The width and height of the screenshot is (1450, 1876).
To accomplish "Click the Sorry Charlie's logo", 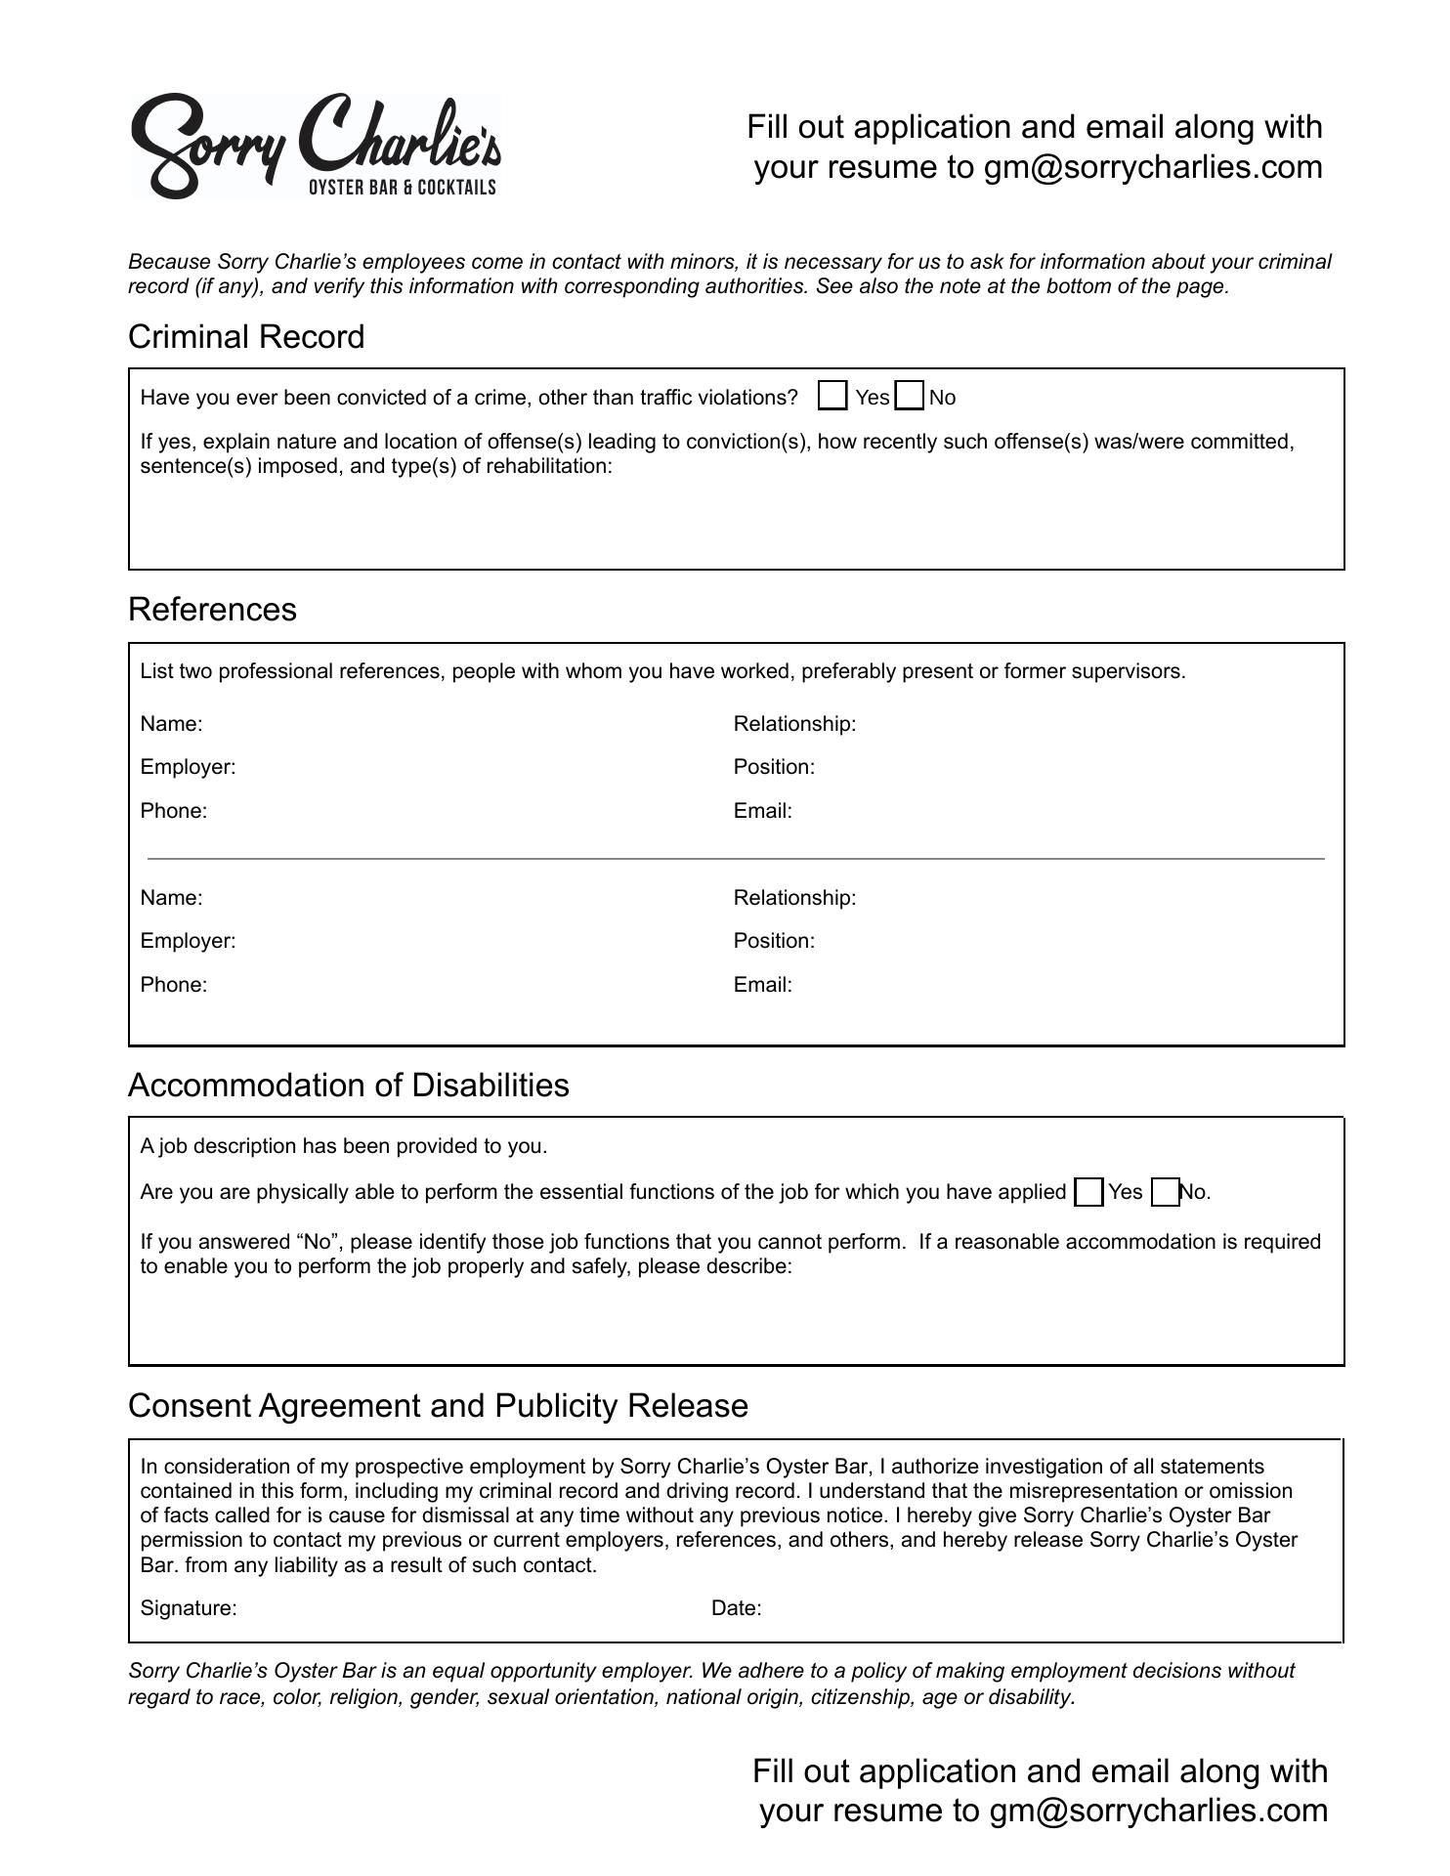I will click(x=316, y=147).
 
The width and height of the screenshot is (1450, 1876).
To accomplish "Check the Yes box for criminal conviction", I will click(x=832, y=396).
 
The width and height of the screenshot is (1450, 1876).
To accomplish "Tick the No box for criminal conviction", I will click(x=909, y=396).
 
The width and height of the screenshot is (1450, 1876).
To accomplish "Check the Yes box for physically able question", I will click(x=1087, y=1192).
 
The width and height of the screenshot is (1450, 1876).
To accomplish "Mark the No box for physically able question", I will click(x=1165, y=1192).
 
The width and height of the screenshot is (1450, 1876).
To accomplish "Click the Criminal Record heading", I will click(x=246, y=337).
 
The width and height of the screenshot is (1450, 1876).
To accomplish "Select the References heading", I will click(x=212, y=610).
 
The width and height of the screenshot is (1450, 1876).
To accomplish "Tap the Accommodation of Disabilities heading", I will click(x=348, y=1086).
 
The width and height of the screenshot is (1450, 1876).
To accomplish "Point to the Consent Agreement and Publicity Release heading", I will click(x=438, y=1406).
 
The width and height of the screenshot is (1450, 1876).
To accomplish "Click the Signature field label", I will click(x=189, y=1608).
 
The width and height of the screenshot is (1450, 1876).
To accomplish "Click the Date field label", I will click(x=736, y=1608).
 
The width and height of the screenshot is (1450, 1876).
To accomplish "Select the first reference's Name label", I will click(x=171, y=724).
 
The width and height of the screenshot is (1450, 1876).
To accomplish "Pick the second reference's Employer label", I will click(x=188, y=941).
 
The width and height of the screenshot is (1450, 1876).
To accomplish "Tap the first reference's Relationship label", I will click(x=794, y=724).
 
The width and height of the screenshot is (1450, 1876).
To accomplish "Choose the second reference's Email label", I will click(x=762, y=985).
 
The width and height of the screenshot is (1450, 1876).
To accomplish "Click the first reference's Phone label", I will click(x=173, y=811).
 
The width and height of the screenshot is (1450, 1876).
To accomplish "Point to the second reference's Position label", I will click(x=774, y=941).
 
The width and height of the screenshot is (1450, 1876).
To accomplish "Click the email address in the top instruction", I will click(x=1153, y=167).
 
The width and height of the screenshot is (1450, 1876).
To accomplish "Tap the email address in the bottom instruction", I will click(x=1158, y=1811).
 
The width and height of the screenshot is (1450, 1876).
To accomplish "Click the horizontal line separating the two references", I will click(x=736, y=859).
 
